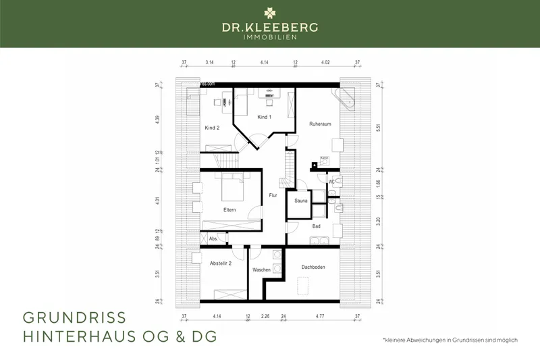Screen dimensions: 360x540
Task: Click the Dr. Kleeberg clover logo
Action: coord(270,12)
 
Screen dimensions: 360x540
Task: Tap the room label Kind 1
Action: coord(264,117)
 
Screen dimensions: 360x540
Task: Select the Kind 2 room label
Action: coord(212,127)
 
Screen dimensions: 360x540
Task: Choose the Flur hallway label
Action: coord(273,195)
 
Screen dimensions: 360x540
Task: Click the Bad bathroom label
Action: coord(316,226)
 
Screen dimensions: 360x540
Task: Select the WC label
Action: coord(331,182)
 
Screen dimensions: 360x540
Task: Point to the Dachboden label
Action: coord(313,267)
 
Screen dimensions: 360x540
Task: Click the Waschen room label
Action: coord(261,270)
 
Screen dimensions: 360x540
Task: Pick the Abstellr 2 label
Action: coord(221,263)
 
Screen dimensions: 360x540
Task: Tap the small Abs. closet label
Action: coord(213,238)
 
